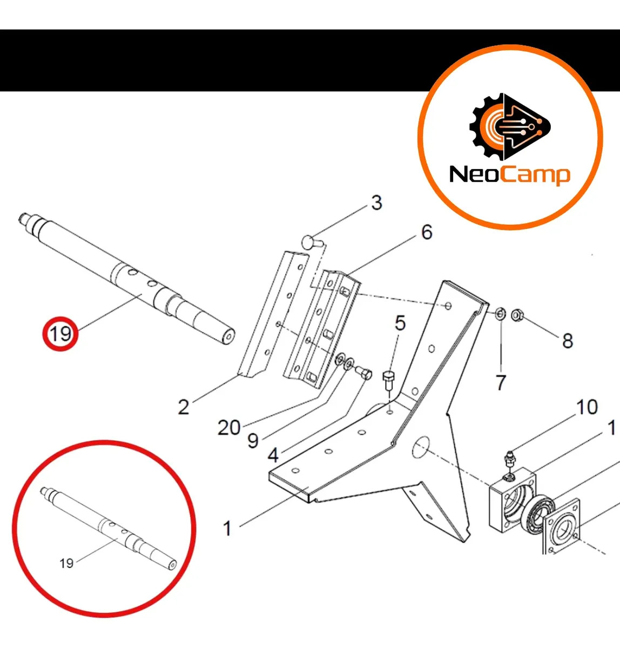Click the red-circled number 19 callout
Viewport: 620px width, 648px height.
click(60, 333)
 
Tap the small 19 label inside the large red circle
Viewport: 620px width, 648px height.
click(66, 563)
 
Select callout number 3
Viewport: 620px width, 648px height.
click(376, 203)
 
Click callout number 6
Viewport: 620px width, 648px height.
click(427, 232)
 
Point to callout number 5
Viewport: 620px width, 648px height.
click(400, 323)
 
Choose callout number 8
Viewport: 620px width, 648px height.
click(568, 340)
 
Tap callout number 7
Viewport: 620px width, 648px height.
click(501, 382)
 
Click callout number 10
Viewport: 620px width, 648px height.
click(587, 407)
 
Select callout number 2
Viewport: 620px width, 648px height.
click(184, 407)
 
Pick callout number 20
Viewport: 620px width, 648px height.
click(229, 428)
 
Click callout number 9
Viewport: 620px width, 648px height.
click(253, 441)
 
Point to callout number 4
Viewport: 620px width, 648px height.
click(273, 455)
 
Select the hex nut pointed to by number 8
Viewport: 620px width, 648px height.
click(517, 314)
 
